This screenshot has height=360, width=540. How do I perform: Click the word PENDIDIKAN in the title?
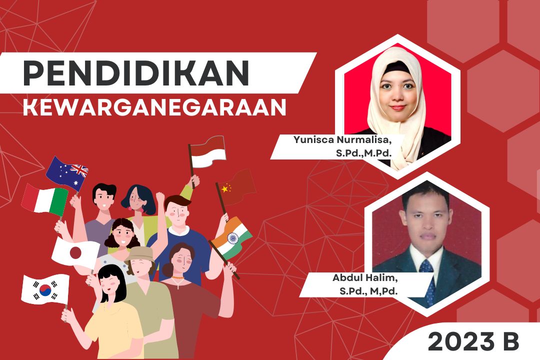point(136,73)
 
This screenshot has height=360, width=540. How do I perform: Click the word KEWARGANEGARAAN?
point(154,107)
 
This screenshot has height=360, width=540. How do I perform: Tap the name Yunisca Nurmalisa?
point(342,139)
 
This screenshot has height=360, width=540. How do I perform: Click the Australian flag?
point(67,172)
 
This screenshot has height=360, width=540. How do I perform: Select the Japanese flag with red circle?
point(75,252)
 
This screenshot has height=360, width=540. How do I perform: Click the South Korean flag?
point(45,289)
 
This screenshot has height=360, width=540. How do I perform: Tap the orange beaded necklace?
point(177,277)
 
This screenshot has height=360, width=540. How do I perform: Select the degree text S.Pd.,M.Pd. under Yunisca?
point(363,152)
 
